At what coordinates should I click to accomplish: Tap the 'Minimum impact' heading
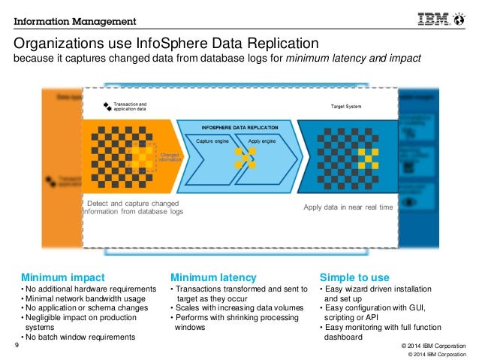[62, 277]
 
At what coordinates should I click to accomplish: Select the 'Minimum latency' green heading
[213, 277]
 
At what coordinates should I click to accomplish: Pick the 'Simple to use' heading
[354, 277]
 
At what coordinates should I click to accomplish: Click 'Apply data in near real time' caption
[348, 207]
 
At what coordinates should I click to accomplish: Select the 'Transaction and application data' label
[131, 107]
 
